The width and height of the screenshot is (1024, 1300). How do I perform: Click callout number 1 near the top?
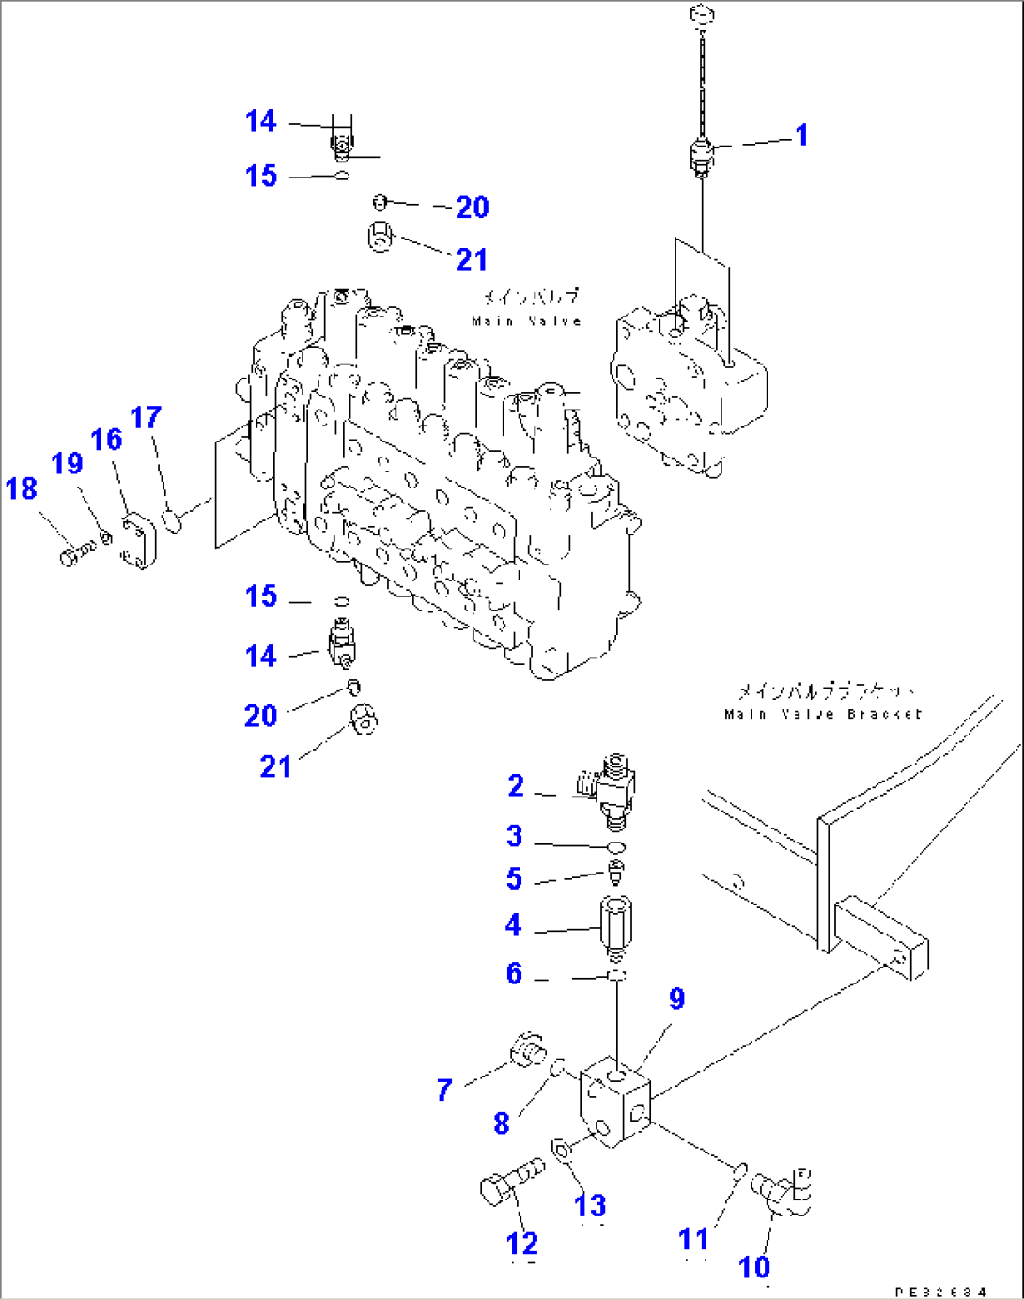801,135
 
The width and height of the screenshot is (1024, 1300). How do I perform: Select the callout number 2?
516,785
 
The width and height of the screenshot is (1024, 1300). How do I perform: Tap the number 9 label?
676,999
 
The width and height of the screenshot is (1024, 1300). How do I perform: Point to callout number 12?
522,1244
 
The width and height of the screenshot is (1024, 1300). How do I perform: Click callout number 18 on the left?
22,488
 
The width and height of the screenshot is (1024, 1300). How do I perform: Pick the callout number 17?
146,418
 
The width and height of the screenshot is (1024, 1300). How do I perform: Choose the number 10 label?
754,1267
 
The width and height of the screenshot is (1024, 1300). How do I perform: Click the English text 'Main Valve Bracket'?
823,714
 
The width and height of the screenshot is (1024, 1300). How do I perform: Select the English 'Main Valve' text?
526,321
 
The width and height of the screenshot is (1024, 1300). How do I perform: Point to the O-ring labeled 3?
615,847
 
